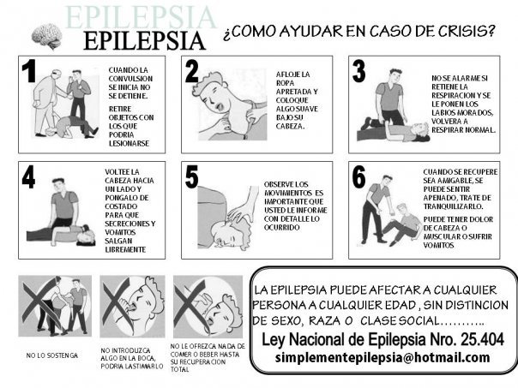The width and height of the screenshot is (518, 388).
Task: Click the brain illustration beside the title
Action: tap(47, 36)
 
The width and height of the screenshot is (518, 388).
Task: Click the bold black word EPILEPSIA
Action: tap(144, 41)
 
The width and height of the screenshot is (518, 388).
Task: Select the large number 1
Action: tap(29, 71)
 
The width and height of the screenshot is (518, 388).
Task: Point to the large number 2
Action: tap(192, 71)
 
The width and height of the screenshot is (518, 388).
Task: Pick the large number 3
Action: tap(359, 71)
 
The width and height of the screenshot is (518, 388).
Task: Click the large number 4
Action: tap(29, 176)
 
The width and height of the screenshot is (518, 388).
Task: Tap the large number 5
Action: tap(192, 176)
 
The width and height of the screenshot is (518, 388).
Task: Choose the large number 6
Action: tap(359, 176)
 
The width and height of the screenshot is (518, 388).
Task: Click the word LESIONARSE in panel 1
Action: tap(129, 144)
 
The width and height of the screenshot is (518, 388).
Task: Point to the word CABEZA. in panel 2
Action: tap(290, 127)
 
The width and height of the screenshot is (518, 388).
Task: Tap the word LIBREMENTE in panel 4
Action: tap(125, 250)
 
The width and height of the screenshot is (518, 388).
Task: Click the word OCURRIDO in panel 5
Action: tap(282, 228)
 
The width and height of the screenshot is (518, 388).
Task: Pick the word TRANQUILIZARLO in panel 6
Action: tap(453, 206)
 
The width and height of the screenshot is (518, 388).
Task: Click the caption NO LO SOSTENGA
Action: tap(52, 355)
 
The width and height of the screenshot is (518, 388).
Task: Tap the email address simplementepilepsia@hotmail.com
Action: tap(382, 358)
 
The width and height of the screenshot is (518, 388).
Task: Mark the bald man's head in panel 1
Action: tap(57, 74)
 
